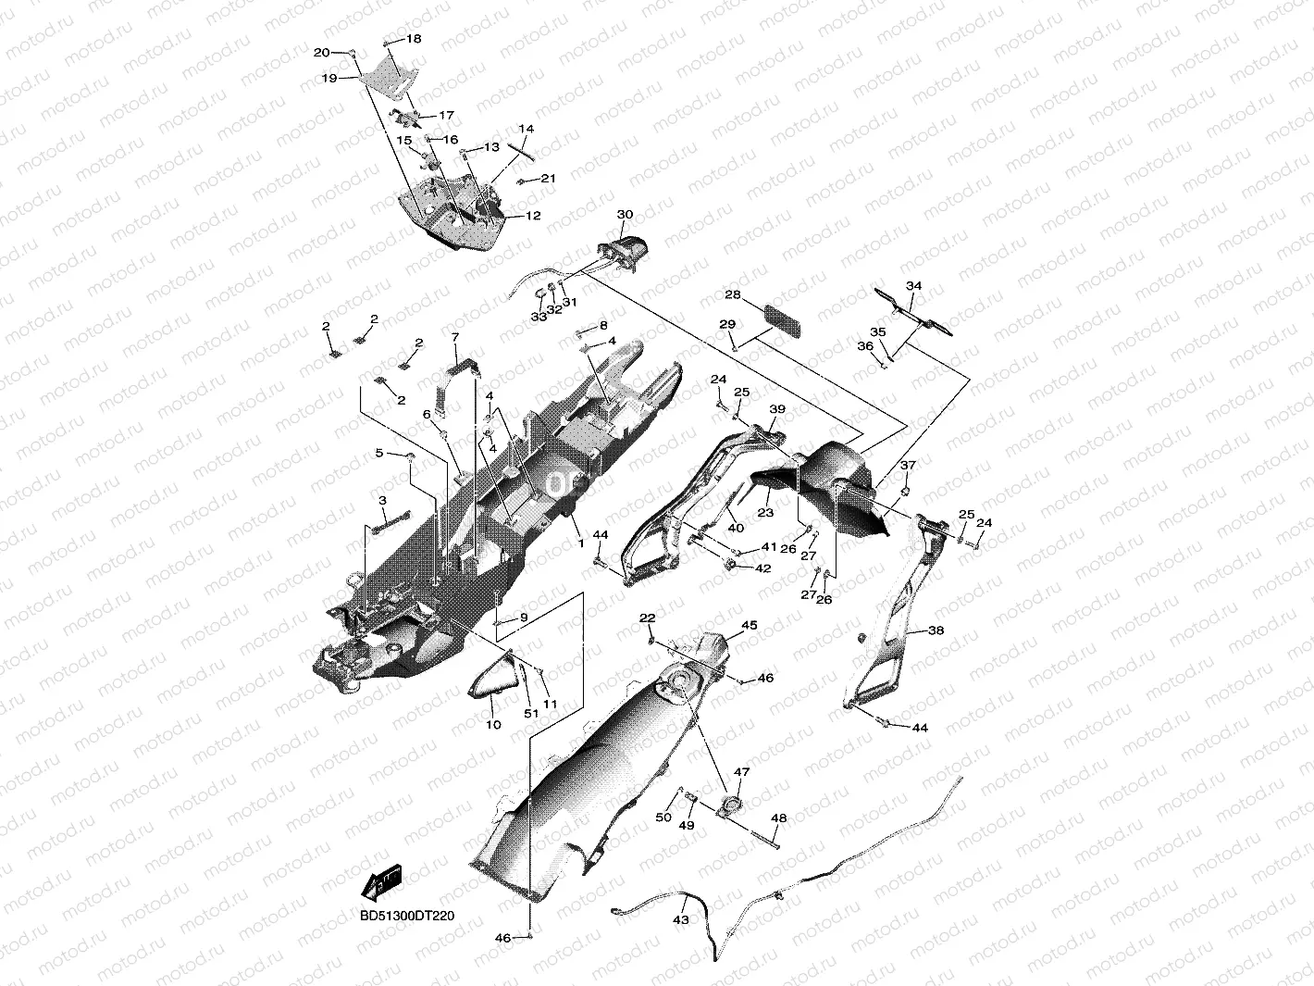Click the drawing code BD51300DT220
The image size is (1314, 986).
tap(407, 916)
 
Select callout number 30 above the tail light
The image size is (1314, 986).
tap(625, 215)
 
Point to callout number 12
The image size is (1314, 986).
tap(533, 216)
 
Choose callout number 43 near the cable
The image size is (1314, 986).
tap(681, 920)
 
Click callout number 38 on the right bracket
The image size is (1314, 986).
tap(936, 630)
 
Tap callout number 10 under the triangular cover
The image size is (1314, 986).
tap(493, 724)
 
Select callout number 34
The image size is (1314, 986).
tap(913, 286)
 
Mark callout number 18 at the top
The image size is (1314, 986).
tap(413, 39)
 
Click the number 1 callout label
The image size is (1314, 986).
tap(581, 543)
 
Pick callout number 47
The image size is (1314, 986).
tap(742, 771)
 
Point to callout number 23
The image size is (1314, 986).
tap(765, 513)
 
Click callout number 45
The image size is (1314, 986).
tap(750, 626)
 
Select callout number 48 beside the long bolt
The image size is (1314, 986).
tap(779, 818)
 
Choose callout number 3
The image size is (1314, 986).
tap(381, 500)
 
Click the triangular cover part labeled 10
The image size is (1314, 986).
tap(494, 684)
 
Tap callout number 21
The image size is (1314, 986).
tap(548, 178)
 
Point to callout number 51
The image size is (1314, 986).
tap(531, 714)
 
